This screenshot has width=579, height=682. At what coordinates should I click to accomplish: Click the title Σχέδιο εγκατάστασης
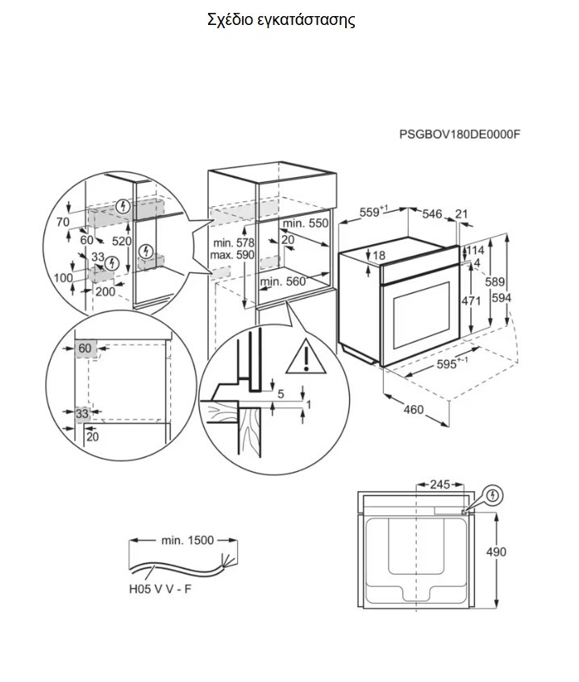(x=281, y=20)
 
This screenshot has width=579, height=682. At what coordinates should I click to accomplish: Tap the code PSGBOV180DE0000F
(x=460, y=134)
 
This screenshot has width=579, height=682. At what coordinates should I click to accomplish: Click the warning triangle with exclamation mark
(x=306, y=357)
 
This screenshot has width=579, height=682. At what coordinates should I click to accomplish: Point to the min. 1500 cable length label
(x=187, y=540)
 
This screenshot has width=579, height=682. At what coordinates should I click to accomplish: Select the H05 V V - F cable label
(x=160, y=589)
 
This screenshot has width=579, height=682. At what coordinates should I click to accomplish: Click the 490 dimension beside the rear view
(x=496, y=552)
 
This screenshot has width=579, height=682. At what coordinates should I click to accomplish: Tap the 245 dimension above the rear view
(x=439, y=484)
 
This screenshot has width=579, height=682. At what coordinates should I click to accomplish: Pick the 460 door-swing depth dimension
(x=413, y=409)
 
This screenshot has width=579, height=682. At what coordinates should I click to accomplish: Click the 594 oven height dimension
(x=502, y=298)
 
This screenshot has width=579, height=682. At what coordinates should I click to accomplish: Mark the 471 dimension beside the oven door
(x=471, y=300)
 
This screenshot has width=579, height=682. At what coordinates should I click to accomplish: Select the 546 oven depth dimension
(x=432, y=213)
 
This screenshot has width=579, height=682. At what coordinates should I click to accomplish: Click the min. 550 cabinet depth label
(x=306, y=223)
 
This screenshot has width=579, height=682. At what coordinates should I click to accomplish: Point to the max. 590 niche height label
(x=232, y=255)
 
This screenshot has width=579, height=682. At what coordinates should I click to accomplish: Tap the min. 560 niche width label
(x=283, y=281)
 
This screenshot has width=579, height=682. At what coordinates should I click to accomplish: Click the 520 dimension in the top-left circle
(x=122, y=241)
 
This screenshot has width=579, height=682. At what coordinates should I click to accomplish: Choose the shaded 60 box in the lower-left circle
(x=85, y=349)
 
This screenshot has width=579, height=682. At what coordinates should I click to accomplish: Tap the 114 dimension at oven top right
(x=475, y=250)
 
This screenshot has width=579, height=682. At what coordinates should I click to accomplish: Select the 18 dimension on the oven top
(x=380, y=255)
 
